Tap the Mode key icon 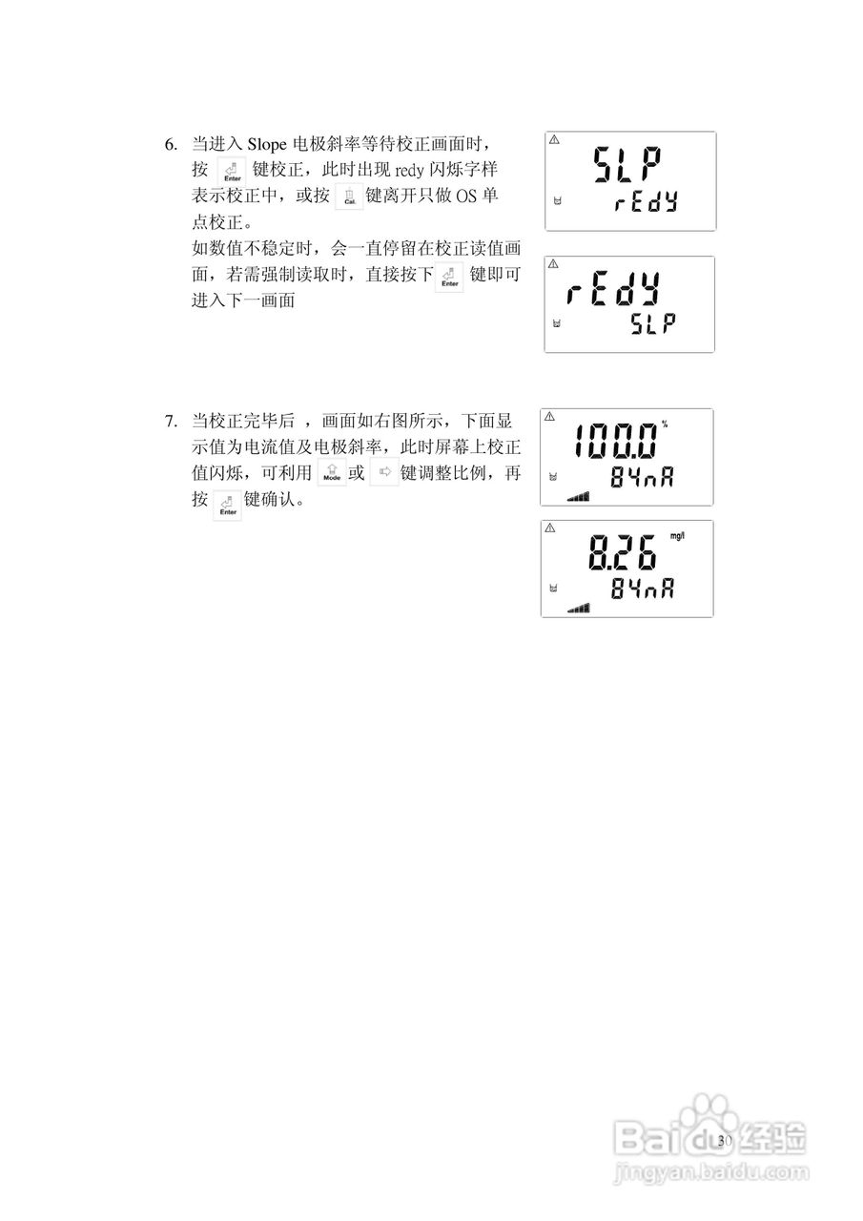[331, 473]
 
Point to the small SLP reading [653, 324]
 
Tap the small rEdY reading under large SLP [646, 203]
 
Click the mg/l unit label [677, 537]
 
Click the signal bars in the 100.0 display [578, 496]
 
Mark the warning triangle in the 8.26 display [549, 528]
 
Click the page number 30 [724, 1141]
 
